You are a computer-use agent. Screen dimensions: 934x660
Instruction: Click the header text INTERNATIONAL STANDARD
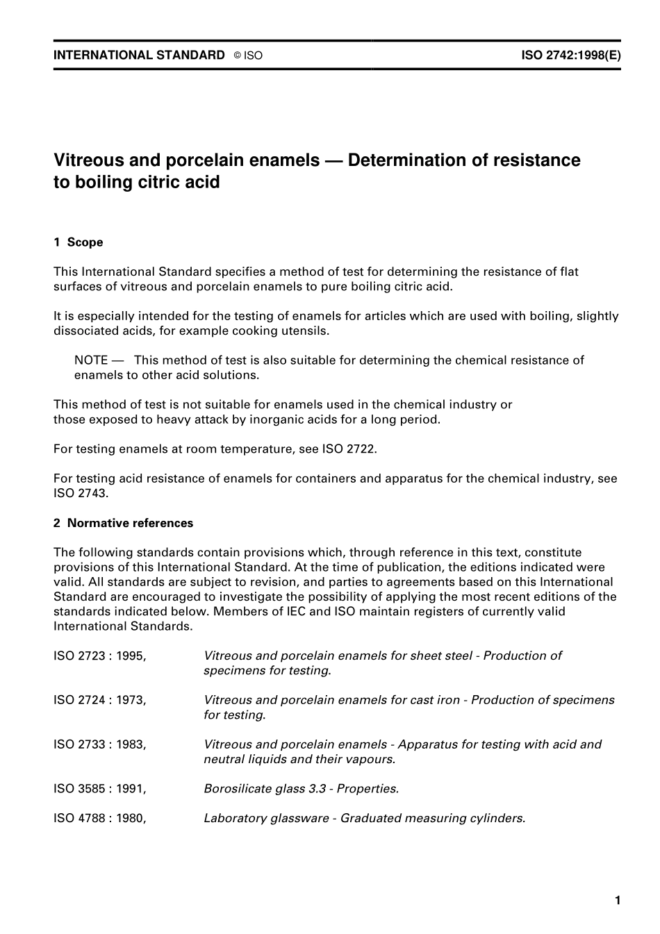point(139,56)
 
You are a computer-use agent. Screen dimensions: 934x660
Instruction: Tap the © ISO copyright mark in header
point(248,56)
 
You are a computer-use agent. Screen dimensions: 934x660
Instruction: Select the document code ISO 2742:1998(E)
point(570,56)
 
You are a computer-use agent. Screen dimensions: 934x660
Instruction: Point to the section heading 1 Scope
point(78,242)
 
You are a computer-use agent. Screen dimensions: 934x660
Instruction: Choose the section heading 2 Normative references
point(123,524)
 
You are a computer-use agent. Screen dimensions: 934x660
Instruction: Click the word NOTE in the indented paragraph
point(91,360)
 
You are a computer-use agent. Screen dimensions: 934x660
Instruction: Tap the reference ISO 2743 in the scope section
point(81,494)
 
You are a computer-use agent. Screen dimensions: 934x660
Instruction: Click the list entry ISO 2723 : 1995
point(99,656)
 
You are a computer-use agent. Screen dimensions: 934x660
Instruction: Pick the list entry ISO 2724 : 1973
point(99,701)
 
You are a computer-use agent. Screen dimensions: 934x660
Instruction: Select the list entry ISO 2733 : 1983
point(99,745)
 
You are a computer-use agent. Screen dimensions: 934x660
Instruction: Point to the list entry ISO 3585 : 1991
point(99,790)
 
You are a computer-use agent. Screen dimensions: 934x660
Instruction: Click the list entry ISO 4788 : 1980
point(99,819)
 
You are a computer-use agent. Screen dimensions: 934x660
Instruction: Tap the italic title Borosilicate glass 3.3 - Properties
point(301,790)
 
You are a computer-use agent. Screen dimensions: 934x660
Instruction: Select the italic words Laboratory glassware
point(266,819)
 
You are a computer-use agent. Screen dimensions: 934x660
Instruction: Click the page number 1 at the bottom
point(618,901)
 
